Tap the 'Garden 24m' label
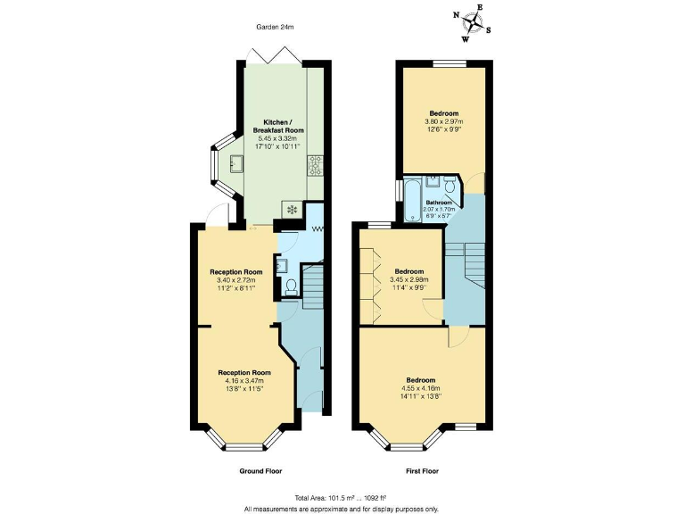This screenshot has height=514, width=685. [x=275, y=28]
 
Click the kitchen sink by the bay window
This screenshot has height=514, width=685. [x=236, y=163]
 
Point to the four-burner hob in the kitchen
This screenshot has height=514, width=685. [x=315, y=165]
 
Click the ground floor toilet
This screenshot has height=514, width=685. [x=290, y=286]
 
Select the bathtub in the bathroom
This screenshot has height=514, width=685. [x=412, y=201]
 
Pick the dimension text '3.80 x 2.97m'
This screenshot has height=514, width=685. [x=444, y=121]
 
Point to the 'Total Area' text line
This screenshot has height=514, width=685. [x=342, y=498]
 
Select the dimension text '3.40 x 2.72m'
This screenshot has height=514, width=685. [x=235, y=280]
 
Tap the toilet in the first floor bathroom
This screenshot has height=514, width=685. [x=450, y=186]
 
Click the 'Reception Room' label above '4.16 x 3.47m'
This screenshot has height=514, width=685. [x=244, y=372]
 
